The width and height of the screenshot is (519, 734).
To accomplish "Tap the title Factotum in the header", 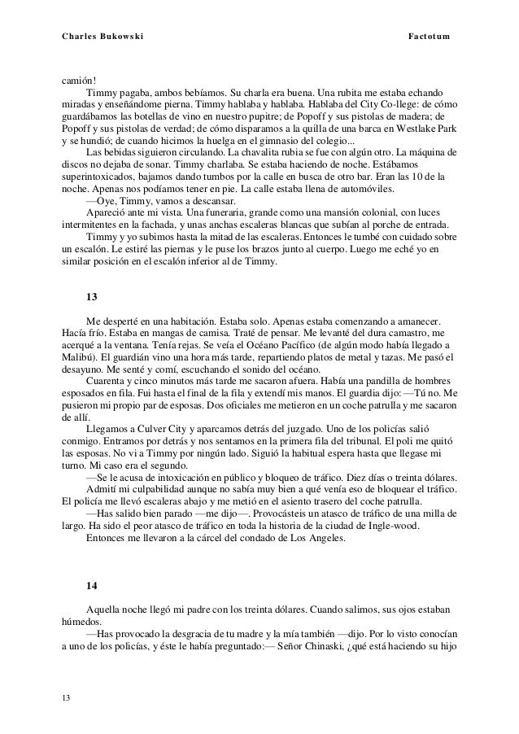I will (x=432, y=38).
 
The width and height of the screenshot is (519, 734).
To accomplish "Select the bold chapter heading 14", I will (x=91, y=586).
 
